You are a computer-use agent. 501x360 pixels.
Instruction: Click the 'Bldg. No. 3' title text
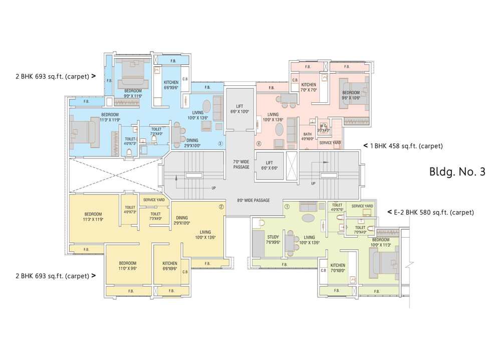click(457, 171)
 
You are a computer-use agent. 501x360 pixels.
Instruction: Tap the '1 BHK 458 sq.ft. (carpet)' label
click(406, 146)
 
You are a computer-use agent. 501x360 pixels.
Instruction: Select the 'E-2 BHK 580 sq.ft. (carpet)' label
click(434, 212)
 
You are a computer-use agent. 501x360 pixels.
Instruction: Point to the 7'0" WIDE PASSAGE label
click(241, 164)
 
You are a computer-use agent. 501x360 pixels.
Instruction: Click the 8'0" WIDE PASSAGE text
click(254, 201)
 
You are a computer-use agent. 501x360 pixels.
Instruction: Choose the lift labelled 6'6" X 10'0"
click(239, 109)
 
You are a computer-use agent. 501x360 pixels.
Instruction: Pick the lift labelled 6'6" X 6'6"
click(269, 165)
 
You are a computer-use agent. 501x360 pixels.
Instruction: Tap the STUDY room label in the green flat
click(273, 240)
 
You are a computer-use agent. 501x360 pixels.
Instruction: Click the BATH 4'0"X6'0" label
click(308, 136)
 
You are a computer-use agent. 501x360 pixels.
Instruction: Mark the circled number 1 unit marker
click(287, 206)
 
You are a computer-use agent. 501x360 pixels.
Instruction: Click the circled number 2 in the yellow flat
click(221, 206)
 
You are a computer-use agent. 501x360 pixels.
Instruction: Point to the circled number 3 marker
click(220, 143)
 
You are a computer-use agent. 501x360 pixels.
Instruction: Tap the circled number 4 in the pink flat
click(259, 143)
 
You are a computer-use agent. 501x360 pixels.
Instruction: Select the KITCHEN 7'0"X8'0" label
click(337, 268)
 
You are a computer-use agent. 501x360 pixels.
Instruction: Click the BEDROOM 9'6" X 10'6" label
click(351, 95)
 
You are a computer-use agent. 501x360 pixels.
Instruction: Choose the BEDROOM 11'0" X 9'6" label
click(128, 266)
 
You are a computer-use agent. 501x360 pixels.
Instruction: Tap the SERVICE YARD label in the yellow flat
click(154, 200)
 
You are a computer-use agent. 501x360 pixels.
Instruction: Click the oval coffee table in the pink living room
click(280, 129)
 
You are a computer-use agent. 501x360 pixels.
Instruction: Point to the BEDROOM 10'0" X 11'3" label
click(381, 243)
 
